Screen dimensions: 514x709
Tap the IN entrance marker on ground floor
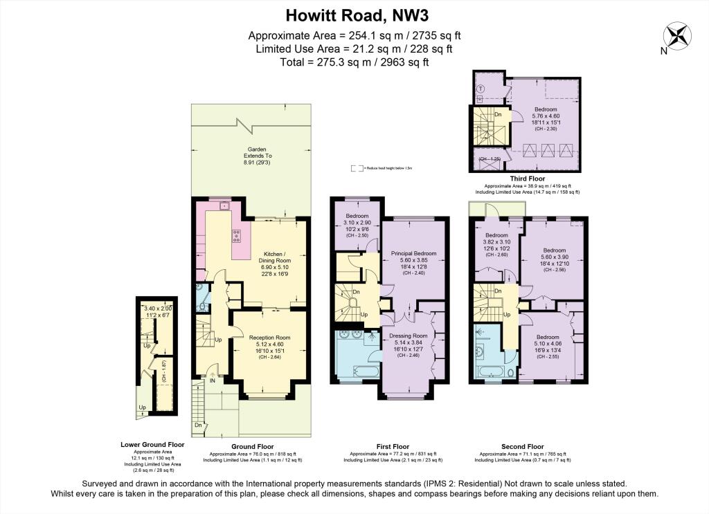coord(213,379)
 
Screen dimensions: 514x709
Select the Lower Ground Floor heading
coord(152,445)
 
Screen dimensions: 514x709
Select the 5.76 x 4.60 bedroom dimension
coord(546,116)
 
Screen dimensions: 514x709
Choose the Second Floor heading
coord(523,446)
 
